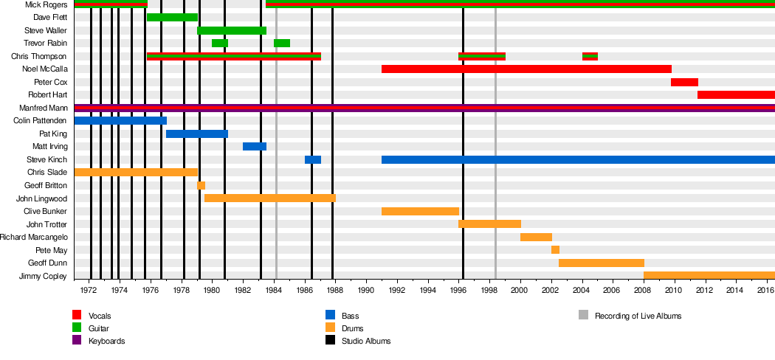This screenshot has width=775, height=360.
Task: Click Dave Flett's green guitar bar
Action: coord(172,17)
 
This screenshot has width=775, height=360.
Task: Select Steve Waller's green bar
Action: coord(232,30)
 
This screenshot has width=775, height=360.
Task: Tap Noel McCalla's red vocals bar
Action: coord(526,69)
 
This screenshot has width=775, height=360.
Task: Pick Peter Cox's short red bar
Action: coord(684,82)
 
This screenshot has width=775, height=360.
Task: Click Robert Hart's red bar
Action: coord(736,94)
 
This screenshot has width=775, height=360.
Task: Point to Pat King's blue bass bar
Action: coord(197,134)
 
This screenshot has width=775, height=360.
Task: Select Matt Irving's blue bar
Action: coord(255,146)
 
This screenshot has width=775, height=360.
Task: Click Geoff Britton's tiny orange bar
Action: coord(201,185)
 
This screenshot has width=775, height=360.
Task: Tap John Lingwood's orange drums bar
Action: coord(270,198)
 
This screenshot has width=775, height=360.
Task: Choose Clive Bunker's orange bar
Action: coord(420,211)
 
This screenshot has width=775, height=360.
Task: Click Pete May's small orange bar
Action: coord(555,249)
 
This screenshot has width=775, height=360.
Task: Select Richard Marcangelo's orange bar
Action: coord(536,237)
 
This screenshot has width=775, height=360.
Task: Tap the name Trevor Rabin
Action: coord(45,44)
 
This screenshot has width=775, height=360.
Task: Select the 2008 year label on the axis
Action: coord(644,291)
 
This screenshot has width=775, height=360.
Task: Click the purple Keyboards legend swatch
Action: coord(76,340)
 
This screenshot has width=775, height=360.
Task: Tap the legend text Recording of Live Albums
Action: coord(638,316)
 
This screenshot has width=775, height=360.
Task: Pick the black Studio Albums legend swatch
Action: coord(330,340)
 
